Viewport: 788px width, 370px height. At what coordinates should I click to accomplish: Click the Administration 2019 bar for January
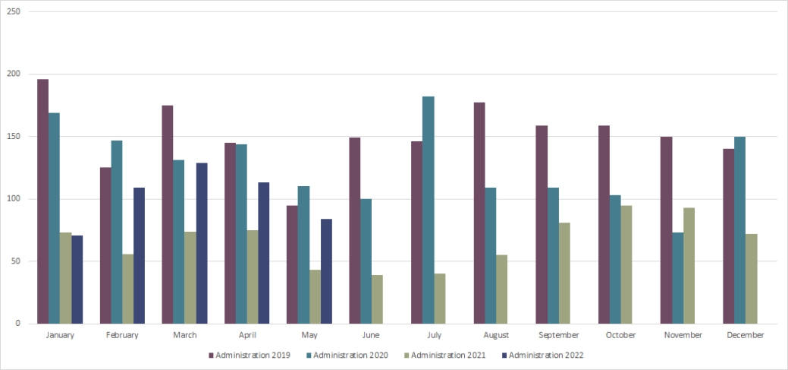[43, 201]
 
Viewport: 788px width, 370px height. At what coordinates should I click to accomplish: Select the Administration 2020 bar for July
[429, 210]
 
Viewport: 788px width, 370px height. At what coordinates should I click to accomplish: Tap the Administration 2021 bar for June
[377, 299]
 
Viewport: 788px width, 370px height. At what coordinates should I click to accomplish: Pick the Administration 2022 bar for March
[202, 243]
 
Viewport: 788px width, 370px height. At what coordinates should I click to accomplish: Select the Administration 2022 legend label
[546, 355]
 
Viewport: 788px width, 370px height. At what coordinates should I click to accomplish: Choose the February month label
[122, 335]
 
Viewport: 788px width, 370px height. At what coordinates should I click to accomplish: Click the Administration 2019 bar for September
[542, 224]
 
